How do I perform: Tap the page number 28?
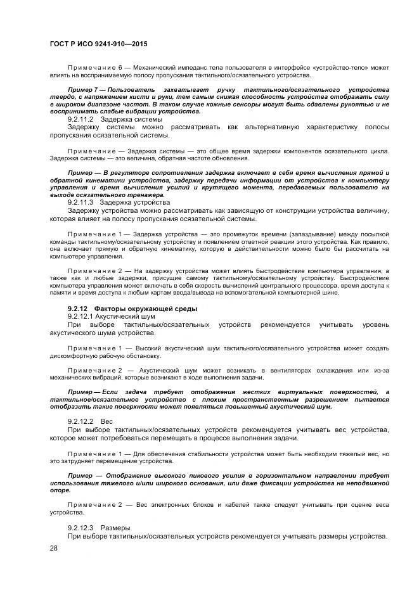point(53,549)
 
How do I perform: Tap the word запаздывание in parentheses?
point(296,234)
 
